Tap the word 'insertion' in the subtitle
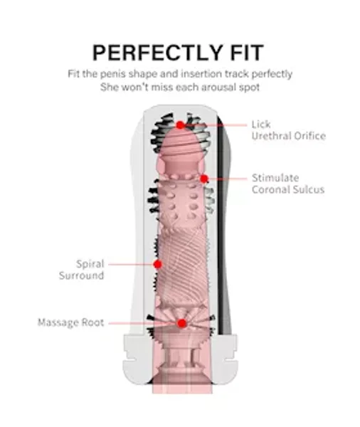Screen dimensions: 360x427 pos(201,74)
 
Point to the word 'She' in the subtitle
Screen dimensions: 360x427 pos(109,88)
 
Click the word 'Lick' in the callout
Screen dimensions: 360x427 pos(261,125)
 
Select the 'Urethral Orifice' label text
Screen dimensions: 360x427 pos(289,136)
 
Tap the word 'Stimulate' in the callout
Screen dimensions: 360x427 pos(275,178)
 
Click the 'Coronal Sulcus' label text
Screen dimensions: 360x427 pos(288,189)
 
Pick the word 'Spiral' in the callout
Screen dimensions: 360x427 pos(90,264)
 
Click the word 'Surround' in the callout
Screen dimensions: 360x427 pos(81,275)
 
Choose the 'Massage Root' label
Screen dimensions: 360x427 pos(71,322)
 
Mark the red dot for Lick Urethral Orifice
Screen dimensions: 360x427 pos(180,125)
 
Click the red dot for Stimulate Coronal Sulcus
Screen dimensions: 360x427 pos(204,179)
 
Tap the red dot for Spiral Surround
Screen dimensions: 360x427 pos(158,264)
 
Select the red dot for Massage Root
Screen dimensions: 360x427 pos(181,324)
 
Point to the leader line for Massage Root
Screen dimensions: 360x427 pos(143,324)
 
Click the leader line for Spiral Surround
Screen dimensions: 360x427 pos(131,264)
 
